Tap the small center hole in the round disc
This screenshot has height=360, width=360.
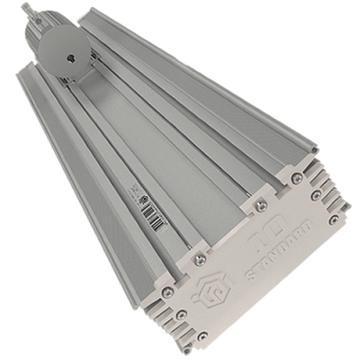click(x=67, y=57)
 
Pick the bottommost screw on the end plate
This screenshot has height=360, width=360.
click(x=200, y=337)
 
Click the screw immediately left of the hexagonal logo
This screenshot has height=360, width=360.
click(x=167, y=292)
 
